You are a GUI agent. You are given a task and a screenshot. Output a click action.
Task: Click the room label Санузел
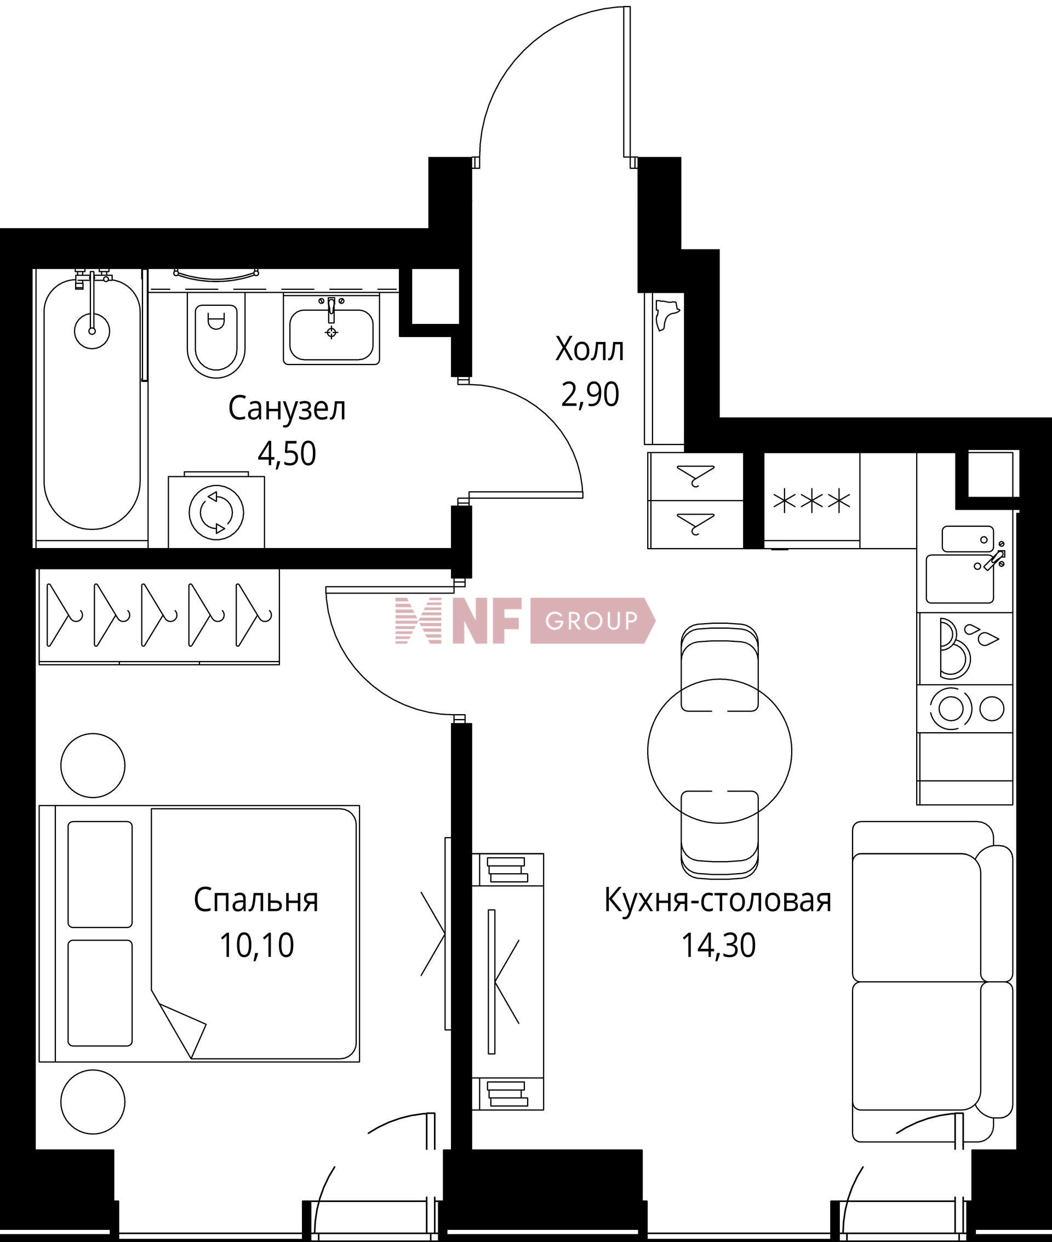[287, 410]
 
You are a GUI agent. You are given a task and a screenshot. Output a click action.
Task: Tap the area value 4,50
[287, 454]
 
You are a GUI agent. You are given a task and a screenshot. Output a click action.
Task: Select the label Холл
[590, 350]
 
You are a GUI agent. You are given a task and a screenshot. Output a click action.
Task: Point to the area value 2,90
[590, 394]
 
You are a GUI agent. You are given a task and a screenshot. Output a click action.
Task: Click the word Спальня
[256, 900]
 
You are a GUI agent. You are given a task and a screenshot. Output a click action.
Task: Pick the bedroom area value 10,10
[256, 945]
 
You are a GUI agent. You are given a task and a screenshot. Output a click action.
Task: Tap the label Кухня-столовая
[718, 900]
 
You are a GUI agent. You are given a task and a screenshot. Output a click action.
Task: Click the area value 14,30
[719, 945]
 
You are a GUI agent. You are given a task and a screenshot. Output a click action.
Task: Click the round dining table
[720, 751]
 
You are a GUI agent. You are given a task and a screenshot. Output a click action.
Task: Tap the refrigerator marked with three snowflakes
[811, 500]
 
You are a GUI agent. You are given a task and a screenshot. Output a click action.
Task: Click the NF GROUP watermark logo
[525, 621]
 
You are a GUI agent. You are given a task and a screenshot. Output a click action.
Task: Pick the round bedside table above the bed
[93, 765]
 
